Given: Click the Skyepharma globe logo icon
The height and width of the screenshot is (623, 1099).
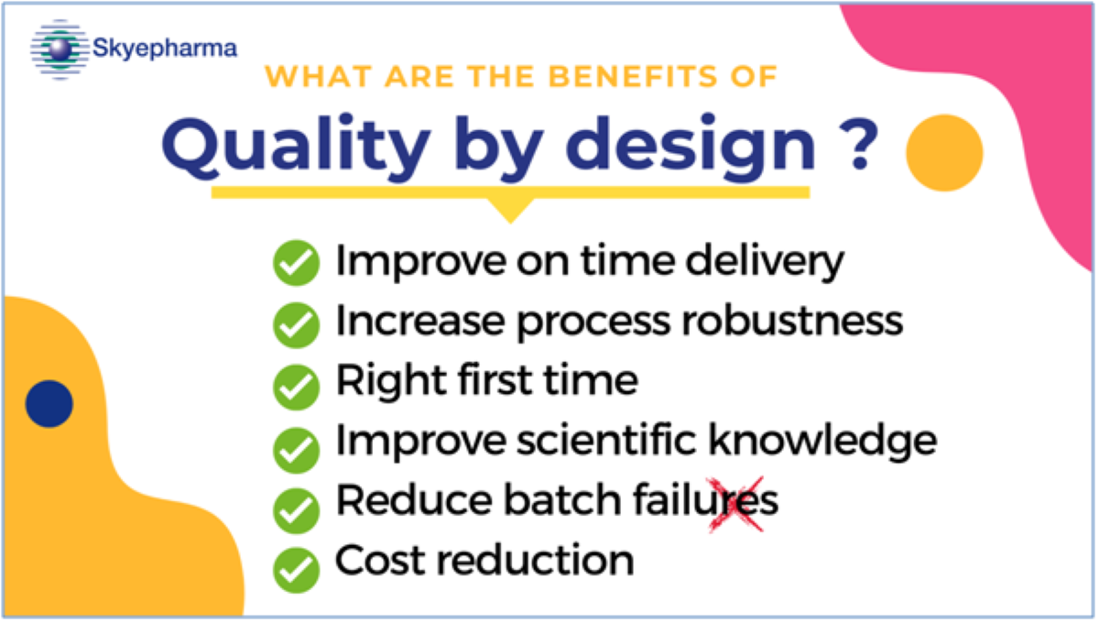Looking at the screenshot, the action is click(60, 49).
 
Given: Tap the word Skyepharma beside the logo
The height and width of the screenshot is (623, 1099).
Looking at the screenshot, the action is click(165, 49).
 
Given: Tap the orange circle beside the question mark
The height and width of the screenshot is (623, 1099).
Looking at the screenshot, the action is click(944, 153).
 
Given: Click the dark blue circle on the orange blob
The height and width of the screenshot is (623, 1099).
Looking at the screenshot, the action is click(49, 403).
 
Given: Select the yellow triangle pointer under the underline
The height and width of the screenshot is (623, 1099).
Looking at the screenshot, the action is click(510, 210).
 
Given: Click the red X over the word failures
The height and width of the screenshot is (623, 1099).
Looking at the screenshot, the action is click(736, 504).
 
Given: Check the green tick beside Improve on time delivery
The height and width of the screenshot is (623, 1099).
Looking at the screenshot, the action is click(297, 263).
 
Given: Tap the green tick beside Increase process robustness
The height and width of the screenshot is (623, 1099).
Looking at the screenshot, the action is click(297, 325).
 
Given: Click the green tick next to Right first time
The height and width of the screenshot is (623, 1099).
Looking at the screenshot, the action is click(297, 387).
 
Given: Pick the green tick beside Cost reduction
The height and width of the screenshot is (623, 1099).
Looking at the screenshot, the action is click(297, 570).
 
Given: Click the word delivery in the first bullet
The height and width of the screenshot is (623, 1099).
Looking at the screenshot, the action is click(765, 262).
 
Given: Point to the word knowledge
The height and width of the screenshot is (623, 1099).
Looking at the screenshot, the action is click(823, 441).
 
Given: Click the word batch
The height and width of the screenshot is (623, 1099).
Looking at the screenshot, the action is click(563, 499).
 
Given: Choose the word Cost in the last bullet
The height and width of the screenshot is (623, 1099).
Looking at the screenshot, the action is click(380, 560).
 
